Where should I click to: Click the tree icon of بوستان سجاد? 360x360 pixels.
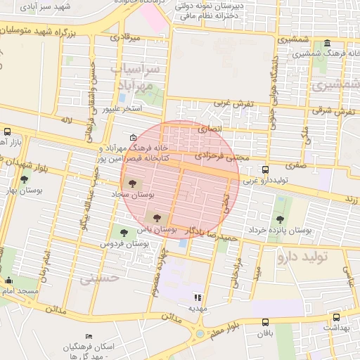click(134, 183)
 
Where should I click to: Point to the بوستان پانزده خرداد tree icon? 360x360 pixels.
click(280, 219)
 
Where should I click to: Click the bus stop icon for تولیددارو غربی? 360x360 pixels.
click(265, 169)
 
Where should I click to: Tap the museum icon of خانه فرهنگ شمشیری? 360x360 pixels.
click(329, 44)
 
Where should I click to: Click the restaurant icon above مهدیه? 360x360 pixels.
click(198, 297)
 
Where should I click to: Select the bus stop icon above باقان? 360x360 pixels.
click(264, 322)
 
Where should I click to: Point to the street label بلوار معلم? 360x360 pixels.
click(225, 326)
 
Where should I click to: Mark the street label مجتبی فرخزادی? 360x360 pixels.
click(221, 156)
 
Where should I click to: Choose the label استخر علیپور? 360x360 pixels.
click(122, 110)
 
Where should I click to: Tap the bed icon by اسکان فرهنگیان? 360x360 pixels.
click(89, 336)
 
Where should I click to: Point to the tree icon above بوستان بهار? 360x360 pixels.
click(24, 180)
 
